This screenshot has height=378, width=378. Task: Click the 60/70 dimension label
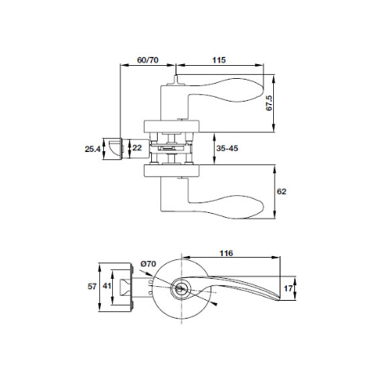pos(148,59)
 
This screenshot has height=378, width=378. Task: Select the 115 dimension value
pos(219,59)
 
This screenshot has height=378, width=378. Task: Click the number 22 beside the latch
pos(137,147)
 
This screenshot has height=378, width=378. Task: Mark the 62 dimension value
pos(282,192)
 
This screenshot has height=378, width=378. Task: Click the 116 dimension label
pos(225,254)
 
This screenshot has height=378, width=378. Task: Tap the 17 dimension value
pos(290,287)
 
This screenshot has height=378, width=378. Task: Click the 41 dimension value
pos(106,286)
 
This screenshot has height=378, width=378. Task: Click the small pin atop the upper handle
pos(174,80)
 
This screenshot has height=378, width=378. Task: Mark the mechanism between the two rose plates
pos(172,149)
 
